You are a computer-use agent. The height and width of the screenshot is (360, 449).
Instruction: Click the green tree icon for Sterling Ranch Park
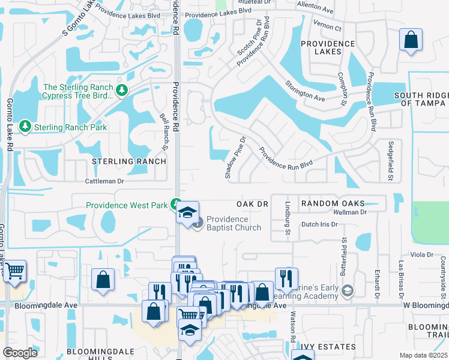click(25, 127)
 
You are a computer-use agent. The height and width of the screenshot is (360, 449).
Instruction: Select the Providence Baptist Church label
click(234, 223)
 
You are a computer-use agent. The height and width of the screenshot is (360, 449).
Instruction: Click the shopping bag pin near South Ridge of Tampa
click(411, 41)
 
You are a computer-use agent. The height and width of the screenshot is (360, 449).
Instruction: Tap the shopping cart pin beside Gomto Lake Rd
click(14, 271)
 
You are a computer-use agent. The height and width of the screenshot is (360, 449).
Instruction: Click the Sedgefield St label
click(390, 161)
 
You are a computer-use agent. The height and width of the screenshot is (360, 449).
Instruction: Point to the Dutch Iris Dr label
click(319, 224)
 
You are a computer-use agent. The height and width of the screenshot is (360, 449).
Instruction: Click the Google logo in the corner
click(20, 352)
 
